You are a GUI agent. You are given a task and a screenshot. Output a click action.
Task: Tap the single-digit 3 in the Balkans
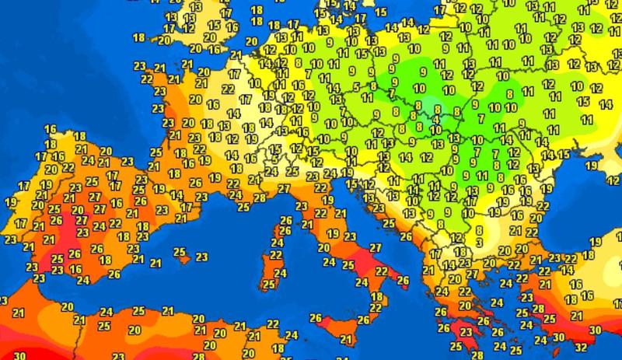click(480, 243)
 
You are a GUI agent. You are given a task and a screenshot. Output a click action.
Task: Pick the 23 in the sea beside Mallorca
click(201, 257)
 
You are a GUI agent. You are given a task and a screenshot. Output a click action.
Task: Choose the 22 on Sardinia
click(276, 255)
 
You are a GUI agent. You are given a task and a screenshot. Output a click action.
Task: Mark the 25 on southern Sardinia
click(268, 285)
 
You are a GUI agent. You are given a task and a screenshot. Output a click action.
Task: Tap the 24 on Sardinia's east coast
click(281, 271)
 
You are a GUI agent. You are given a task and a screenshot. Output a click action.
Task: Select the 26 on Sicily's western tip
click(316, 317)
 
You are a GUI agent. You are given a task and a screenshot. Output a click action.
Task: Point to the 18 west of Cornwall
click(140, 37)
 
